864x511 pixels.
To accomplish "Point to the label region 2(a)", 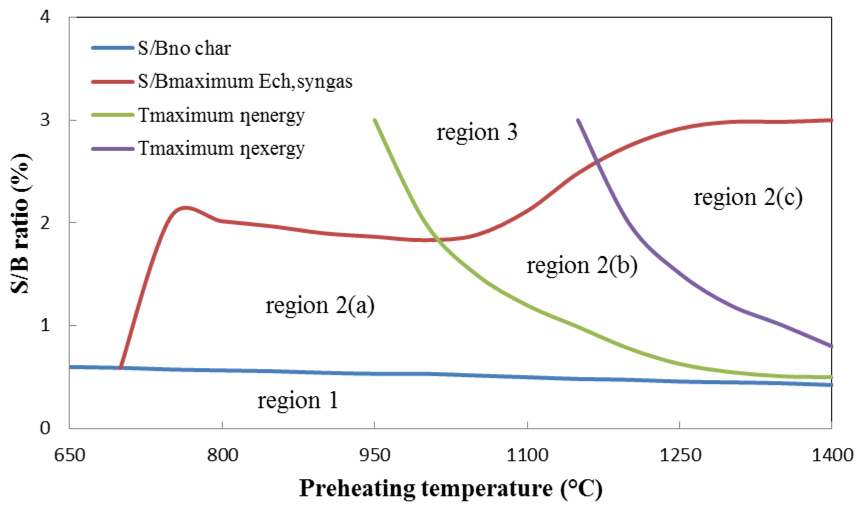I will (x=320, y=305).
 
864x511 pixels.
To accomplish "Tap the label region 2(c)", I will (x=748, y=198).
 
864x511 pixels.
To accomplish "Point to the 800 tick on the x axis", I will (x=222, y=455).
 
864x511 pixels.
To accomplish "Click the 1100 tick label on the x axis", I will (x=527, y=455).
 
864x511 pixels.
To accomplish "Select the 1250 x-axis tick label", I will (x=680, y=455).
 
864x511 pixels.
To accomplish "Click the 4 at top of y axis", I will (x=45, y=17).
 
